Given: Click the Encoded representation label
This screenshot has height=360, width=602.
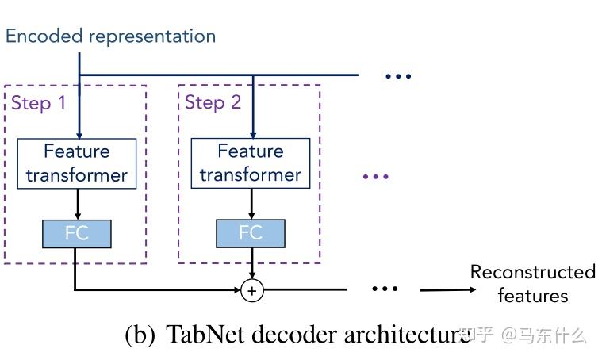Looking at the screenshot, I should [110, 36].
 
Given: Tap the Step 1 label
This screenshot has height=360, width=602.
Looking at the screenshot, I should [38, 103].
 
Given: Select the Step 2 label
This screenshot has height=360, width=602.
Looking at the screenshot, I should [213, 103].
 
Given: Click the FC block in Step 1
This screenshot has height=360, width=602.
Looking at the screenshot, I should [77, 233].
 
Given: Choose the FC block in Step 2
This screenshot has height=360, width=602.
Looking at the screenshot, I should [251, 233].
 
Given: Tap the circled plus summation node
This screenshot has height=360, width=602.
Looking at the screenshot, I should [251, 291].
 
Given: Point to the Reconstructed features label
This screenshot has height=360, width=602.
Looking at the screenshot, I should [532, 284].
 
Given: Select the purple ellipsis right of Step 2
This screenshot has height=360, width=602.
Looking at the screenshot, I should [375, 176].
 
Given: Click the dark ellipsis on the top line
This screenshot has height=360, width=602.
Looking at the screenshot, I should [398, 76].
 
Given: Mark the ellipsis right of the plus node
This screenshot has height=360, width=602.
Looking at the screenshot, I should [385, 289].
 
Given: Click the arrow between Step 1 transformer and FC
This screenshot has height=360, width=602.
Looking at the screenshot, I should [77, 204].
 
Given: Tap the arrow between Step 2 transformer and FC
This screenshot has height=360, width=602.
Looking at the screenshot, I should [251, 204].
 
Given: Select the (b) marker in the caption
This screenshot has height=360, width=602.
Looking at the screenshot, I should [140, 335].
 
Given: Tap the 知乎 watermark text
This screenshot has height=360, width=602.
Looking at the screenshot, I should [477, 335].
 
